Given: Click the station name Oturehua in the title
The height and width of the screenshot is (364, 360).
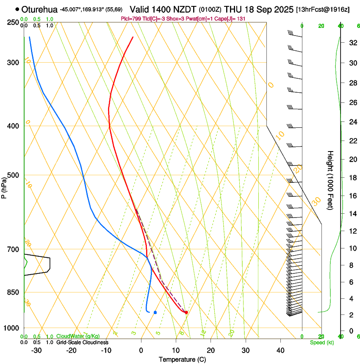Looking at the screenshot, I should pyautogui.click(x=40, y=9).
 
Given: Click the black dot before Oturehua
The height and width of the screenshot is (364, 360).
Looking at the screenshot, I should pyautogui.click(x=17, y=9).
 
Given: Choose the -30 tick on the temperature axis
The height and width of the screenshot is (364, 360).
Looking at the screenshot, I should pyautogui.click(x=36, y=350).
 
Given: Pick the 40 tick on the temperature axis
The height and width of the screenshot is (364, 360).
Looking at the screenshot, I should pyautogui.click(x=280, y=350).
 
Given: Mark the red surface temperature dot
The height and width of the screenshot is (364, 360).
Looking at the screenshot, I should pyautogui.click(x=186, y=312).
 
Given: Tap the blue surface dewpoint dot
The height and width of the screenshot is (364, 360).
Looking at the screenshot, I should pyautogui.click(x=155, y=312).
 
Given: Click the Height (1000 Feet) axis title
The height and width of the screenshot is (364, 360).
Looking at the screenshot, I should pyautogui.click(x=330, y=180).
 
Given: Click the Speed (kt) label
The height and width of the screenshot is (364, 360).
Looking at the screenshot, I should pyautogui.click(x=321, y=342).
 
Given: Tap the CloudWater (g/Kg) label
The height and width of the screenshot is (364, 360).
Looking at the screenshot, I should pyautogui.click(x=78, y=336).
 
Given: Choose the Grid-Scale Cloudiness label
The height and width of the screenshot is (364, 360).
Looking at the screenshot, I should pyautogui.click(x=82, y=342).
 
